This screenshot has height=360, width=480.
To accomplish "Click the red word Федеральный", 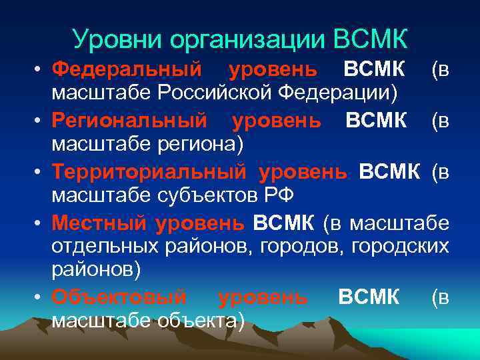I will [127, 69].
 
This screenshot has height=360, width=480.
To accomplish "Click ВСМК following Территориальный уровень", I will [390, 172].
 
